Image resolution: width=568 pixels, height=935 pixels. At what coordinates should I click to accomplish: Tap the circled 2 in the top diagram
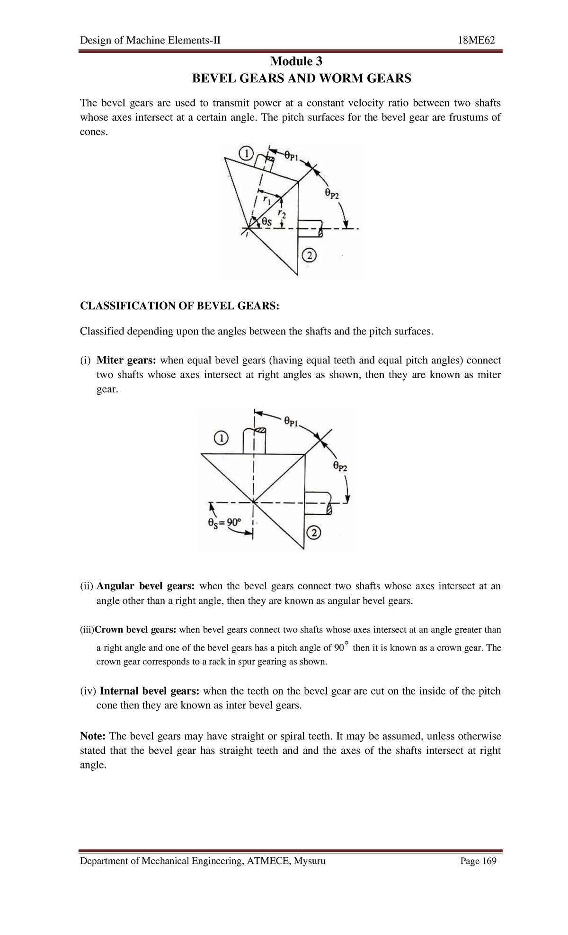point(308,256)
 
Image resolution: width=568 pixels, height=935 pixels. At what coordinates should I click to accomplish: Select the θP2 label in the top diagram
point(332,194)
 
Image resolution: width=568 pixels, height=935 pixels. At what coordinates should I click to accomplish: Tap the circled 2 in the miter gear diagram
point(314,533)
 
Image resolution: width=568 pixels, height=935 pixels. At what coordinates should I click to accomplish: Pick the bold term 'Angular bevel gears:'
point(145,586)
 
